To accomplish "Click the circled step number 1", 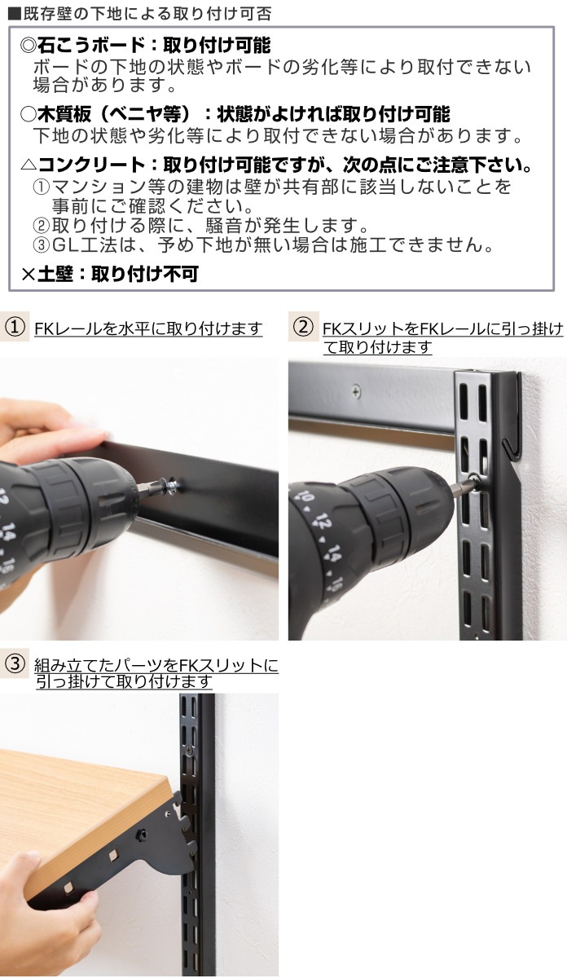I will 14,328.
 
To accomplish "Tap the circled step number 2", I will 302,328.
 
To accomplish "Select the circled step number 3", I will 14,663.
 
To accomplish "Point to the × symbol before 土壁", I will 28,275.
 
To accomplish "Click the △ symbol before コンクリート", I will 28,165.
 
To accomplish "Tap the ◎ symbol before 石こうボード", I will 28,45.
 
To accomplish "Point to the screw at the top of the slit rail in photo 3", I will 189,749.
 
